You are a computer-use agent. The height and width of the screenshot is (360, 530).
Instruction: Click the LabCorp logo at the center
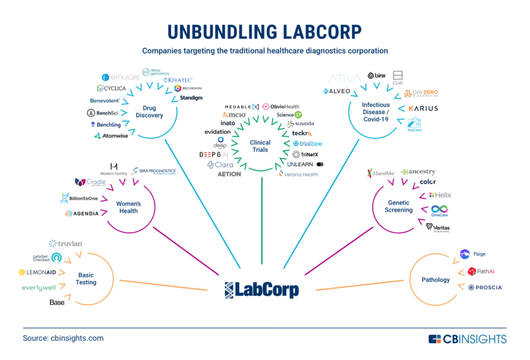pos(261,290)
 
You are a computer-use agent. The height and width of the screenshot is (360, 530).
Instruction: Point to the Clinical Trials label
pos(261,146)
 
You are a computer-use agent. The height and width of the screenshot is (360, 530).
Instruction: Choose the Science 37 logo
pos(289,114)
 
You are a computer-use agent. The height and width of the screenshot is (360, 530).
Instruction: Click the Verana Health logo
pos(298,174)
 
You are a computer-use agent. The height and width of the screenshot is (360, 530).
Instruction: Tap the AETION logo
pos(229,174)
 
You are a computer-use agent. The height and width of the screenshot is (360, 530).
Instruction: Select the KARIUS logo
pos(423,108)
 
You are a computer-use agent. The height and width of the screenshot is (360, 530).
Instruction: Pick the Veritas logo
pos(437,227)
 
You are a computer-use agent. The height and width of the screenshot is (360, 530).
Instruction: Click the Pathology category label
pos(435,279)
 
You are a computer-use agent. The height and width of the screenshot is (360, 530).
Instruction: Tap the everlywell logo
pos(39,288)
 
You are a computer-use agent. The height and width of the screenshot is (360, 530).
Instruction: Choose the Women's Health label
pos(127,207)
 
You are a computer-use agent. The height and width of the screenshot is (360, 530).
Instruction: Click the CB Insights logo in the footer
pos(467,339)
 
